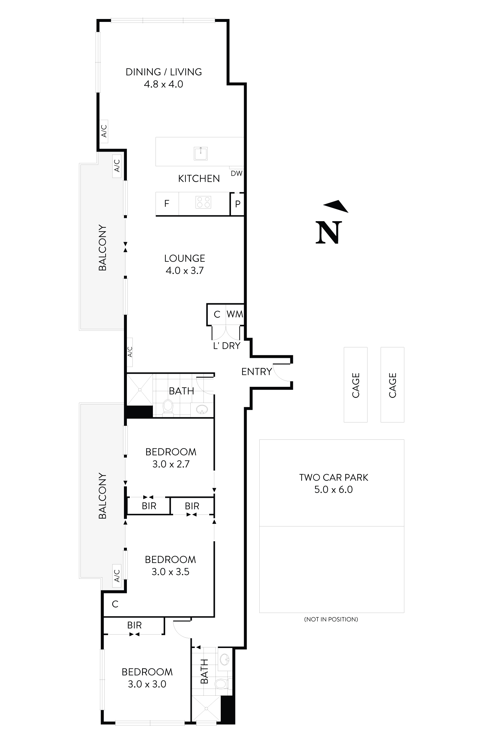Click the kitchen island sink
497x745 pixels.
pos(200,154)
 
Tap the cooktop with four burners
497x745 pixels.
pos(203,202)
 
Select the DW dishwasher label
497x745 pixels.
pos(237,174)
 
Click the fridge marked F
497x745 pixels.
pos(167,204)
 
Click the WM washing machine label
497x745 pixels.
pos(235,314)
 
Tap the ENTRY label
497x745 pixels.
pos(256,372)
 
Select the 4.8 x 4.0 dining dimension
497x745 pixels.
pos(163,84)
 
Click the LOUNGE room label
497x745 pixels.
pos(184,259)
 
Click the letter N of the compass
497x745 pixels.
pos(329,233)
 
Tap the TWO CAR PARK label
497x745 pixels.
pos(334,478)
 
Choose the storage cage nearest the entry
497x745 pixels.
pos(356,385)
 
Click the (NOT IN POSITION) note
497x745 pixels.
pos(331,619)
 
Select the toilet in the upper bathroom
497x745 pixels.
pos(168,407)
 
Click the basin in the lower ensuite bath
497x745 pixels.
pos(225,659)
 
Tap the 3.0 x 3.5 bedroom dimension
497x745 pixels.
pos(170,572)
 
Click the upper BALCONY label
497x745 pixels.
pos(102,248)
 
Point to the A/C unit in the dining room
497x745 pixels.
pos(104,131)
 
